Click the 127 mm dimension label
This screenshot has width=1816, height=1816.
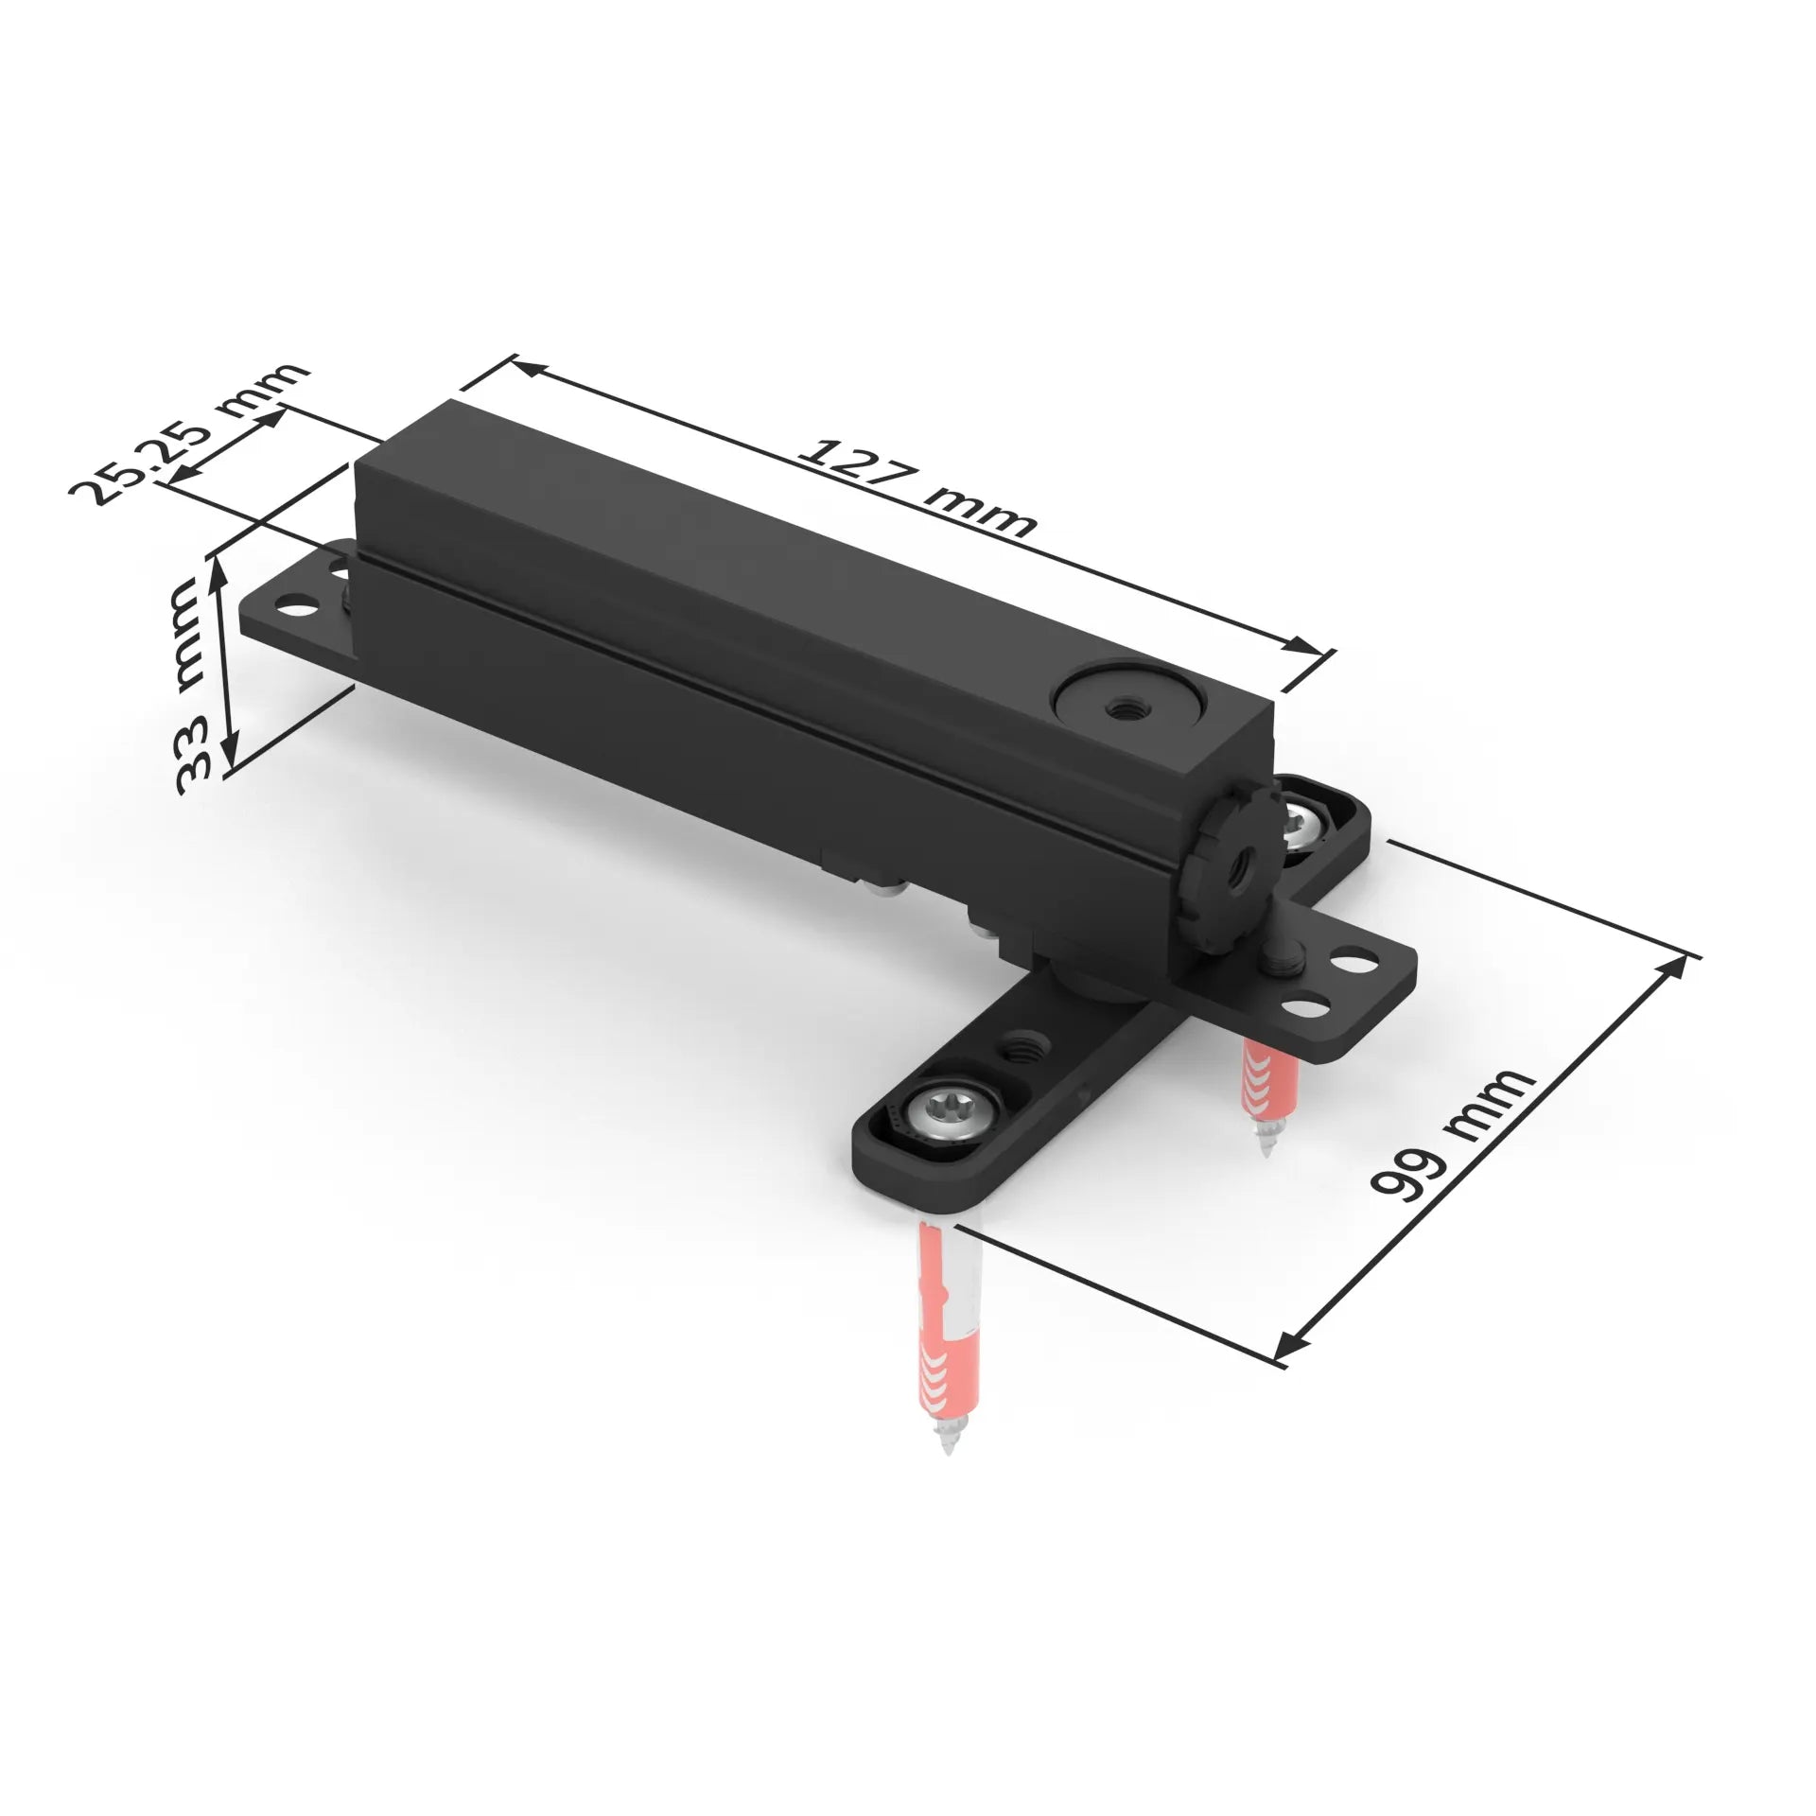[x=916, y=488]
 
